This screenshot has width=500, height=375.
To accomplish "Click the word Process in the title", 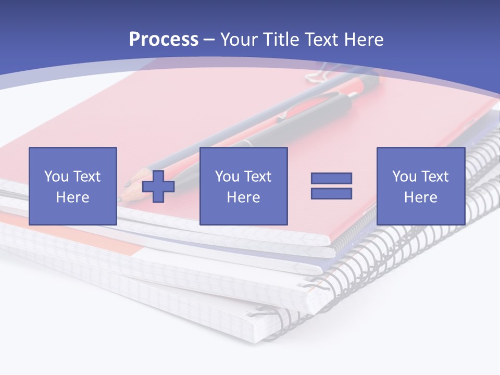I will coord(164,40).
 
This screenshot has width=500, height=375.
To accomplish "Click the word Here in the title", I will coord(365,40).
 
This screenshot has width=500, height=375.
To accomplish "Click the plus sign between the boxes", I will coord(158,186).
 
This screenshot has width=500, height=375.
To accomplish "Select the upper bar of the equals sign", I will coord(331,178).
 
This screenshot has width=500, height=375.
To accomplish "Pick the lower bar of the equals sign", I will coord(331,193).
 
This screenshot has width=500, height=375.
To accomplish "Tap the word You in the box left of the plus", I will coord(56,177).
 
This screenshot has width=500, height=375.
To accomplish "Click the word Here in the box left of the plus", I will coord(72,197).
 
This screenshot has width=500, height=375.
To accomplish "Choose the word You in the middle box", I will coord(227,177).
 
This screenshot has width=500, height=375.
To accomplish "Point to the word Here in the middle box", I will coord(243,197).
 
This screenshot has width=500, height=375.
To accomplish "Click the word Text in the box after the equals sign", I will coord(435,177).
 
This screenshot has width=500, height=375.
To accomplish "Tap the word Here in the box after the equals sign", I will coord(420,197).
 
